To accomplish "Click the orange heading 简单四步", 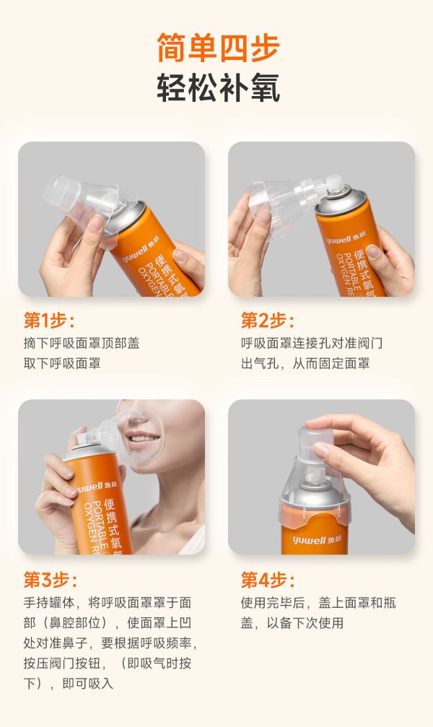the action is (218, 48).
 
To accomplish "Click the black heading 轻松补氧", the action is (218, 87).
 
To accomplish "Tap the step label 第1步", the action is (49, 321).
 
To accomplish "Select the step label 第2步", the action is (268, 321).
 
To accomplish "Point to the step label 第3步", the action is (51, 580).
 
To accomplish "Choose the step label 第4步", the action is (268, 580).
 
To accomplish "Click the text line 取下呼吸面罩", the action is (62, 363).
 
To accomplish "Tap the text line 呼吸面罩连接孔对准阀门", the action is (312, 343).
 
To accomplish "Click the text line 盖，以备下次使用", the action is (292, 623).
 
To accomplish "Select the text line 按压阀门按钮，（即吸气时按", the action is (107, 663).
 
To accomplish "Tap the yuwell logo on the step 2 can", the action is (346, 238).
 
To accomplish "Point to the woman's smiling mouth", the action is (144, 438).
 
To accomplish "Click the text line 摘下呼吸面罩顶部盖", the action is (82, 343).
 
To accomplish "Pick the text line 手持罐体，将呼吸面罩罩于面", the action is (107, 602).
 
